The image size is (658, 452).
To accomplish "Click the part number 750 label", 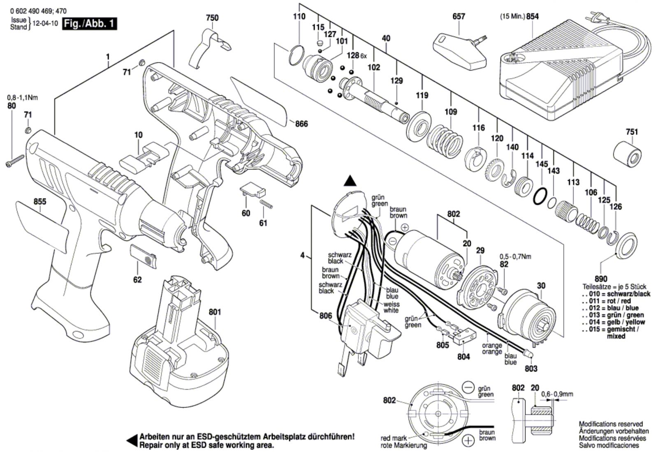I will [x=212, y=18].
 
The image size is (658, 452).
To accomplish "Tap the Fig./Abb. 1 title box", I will [x=89, y=24].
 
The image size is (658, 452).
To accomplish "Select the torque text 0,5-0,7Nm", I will [x=515, y=256].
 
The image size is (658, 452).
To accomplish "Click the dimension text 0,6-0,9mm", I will [x=557, y=394].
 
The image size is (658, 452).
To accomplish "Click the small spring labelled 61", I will [x=266, y=204].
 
